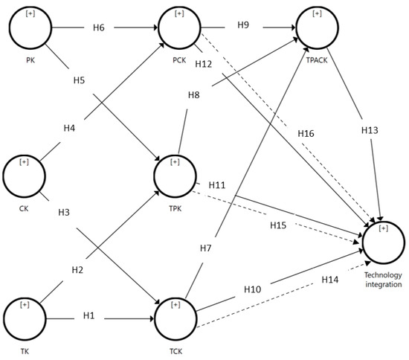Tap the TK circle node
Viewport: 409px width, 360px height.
[25, 317]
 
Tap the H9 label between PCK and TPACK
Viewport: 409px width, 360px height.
[242, 25]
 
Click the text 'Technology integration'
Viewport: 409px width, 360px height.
[383, 279]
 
